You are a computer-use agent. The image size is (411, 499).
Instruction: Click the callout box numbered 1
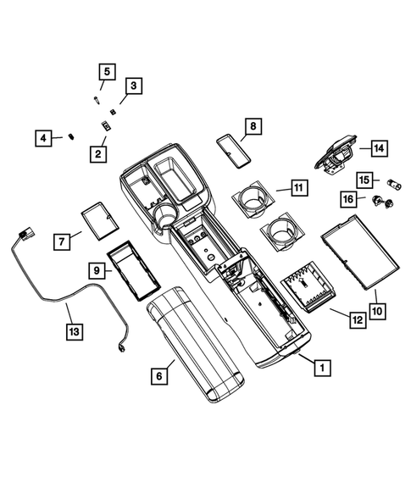pyautogui.click(x=320, y=368)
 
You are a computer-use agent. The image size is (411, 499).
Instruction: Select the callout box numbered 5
pyautogui.click(x=106, y=72)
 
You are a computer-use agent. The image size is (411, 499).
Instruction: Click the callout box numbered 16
pyautogui.click(x=347, y=198)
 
